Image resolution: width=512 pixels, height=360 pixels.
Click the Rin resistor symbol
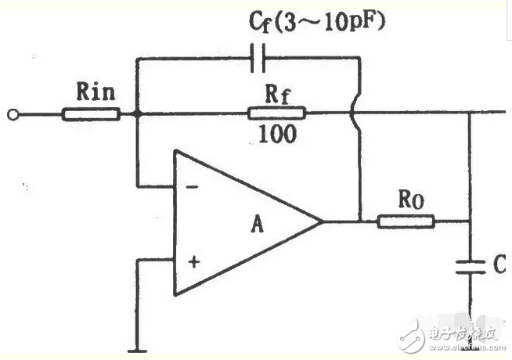(92, 114)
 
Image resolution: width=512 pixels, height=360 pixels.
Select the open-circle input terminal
(12, 114)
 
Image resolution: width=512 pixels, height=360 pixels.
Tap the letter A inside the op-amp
(256, 225)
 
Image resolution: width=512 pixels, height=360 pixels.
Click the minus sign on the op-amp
(193, 189)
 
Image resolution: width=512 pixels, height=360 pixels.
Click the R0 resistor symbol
(406, 221)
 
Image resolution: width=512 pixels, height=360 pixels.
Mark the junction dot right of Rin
(137, 114)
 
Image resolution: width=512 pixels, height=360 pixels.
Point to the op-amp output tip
(323, 221)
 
